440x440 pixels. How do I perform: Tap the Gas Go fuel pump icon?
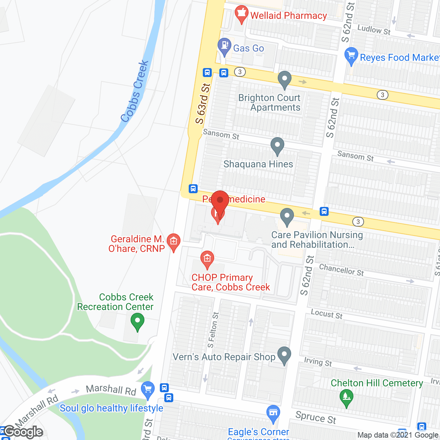[x=224, y=46]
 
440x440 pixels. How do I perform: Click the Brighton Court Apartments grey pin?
[x=284, y=79]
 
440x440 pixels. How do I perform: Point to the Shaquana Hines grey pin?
[x=277, y=146]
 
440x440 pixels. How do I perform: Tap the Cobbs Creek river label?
[x=134, y=91]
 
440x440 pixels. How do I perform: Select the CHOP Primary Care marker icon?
[x=207, y=259]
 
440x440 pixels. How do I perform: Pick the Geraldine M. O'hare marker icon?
[x=174, y=242]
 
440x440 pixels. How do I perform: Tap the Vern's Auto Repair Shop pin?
[x=284, y=355]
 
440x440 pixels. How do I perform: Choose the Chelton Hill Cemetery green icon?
[x=346, y=397]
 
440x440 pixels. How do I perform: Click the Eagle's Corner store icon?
[x=273, y=414]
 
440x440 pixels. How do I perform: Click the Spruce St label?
[x=316, y=417]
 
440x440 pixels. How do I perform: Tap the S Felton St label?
[x=213, y=330]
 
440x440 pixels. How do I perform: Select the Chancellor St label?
[x=341, y=270]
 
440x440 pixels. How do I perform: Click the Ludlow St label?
[x=374, y=30]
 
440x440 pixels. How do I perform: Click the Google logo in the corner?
[x=23, y=432]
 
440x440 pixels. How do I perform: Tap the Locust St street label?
[x=327, y=314]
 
